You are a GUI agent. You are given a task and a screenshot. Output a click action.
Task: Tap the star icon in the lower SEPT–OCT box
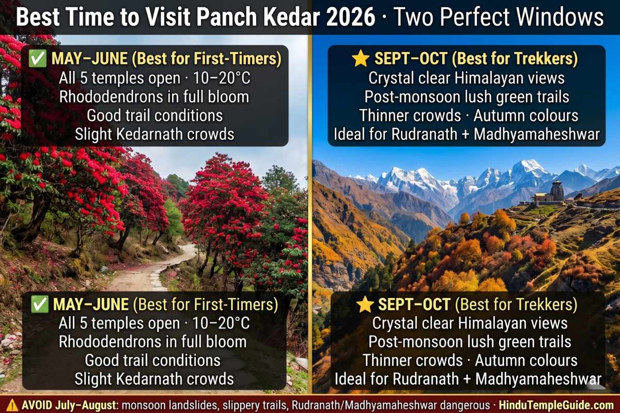pos(365,305)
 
